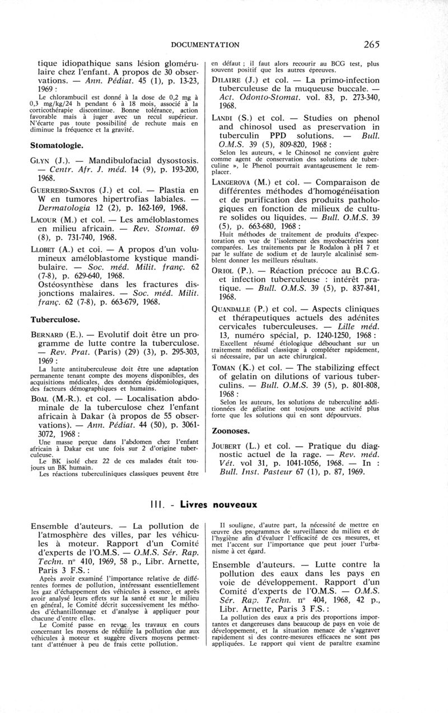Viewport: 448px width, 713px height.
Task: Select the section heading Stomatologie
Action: point(57,145)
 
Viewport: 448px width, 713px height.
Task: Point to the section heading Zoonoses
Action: point(234,431)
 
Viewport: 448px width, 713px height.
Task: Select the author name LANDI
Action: point(223,118)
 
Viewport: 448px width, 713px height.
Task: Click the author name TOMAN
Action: point(224,368)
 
